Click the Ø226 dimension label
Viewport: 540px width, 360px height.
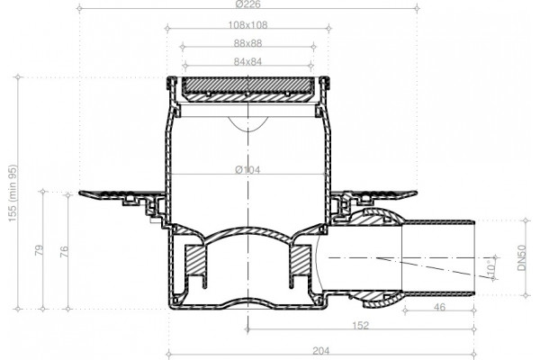248,4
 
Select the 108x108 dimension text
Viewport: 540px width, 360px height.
248,25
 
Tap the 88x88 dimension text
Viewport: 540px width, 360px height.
248,43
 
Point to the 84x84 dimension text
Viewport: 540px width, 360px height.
248,62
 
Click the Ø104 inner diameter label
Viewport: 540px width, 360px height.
248,169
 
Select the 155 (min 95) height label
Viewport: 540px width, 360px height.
13,193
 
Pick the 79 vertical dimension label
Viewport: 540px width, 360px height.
40,250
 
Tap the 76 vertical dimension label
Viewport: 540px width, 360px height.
64,251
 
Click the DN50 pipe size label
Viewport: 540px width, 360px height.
522,257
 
